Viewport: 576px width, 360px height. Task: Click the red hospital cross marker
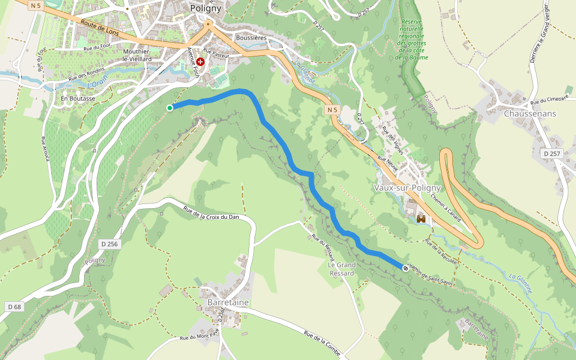(x=200, y=62)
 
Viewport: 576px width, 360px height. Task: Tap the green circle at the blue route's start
(x=170, y=107)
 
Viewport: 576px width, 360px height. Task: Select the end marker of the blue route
(x=405, y=268)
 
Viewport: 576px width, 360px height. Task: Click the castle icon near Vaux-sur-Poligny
(x=421, y=219)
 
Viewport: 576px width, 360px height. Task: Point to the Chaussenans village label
(x=530, y=113)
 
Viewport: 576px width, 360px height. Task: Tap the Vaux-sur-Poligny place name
(x=407, y=188)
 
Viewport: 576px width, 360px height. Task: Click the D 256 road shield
(x=110, y=244)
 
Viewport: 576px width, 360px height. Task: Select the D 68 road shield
(x=15, y=307)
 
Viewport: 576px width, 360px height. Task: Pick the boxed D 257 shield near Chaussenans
(x=551, y=154)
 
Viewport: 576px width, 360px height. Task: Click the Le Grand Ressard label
(x=341, y=269)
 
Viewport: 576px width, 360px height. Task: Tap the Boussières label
(x=251, y=38)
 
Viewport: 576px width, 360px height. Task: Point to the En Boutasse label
(x=77, y=98)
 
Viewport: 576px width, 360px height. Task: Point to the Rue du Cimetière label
(x=548, y=100)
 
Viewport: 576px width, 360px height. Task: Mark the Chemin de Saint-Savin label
(x=430, y=272)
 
